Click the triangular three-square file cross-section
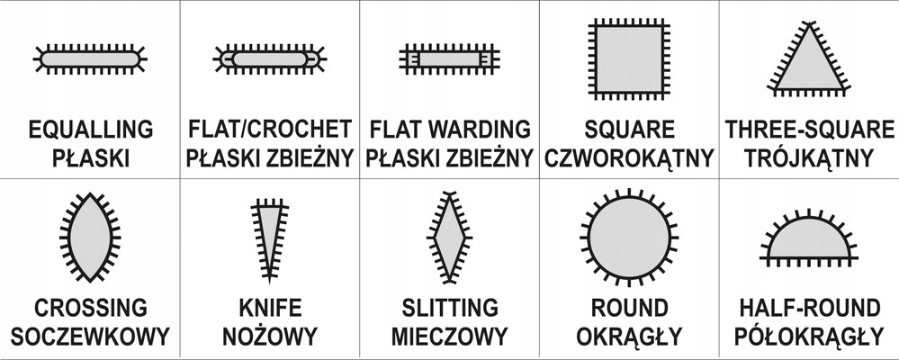pos(809,63)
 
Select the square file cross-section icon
pos(629,59)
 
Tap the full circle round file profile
pos(629,238)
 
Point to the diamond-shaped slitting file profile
pos(450,237)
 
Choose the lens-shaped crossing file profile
pos(90,237)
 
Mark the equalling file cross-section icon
pos(90,58)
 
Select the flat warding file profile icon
pos(450,59)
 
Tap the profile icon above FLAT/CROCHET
pos(269,58)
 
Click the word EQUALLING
pos(91,130)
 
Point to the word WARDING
pos(481,130)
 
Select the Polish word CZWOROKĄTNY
pos(629,157)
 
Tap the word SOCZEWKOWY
pos(90,336)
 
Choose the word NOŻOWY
pos(269,335)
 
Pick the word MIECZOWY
pos(450,336)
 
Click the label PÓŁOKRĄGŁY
pos(809,335)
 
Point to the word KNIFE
pos(270,308)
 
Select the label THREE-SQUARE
pos(809,130)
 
